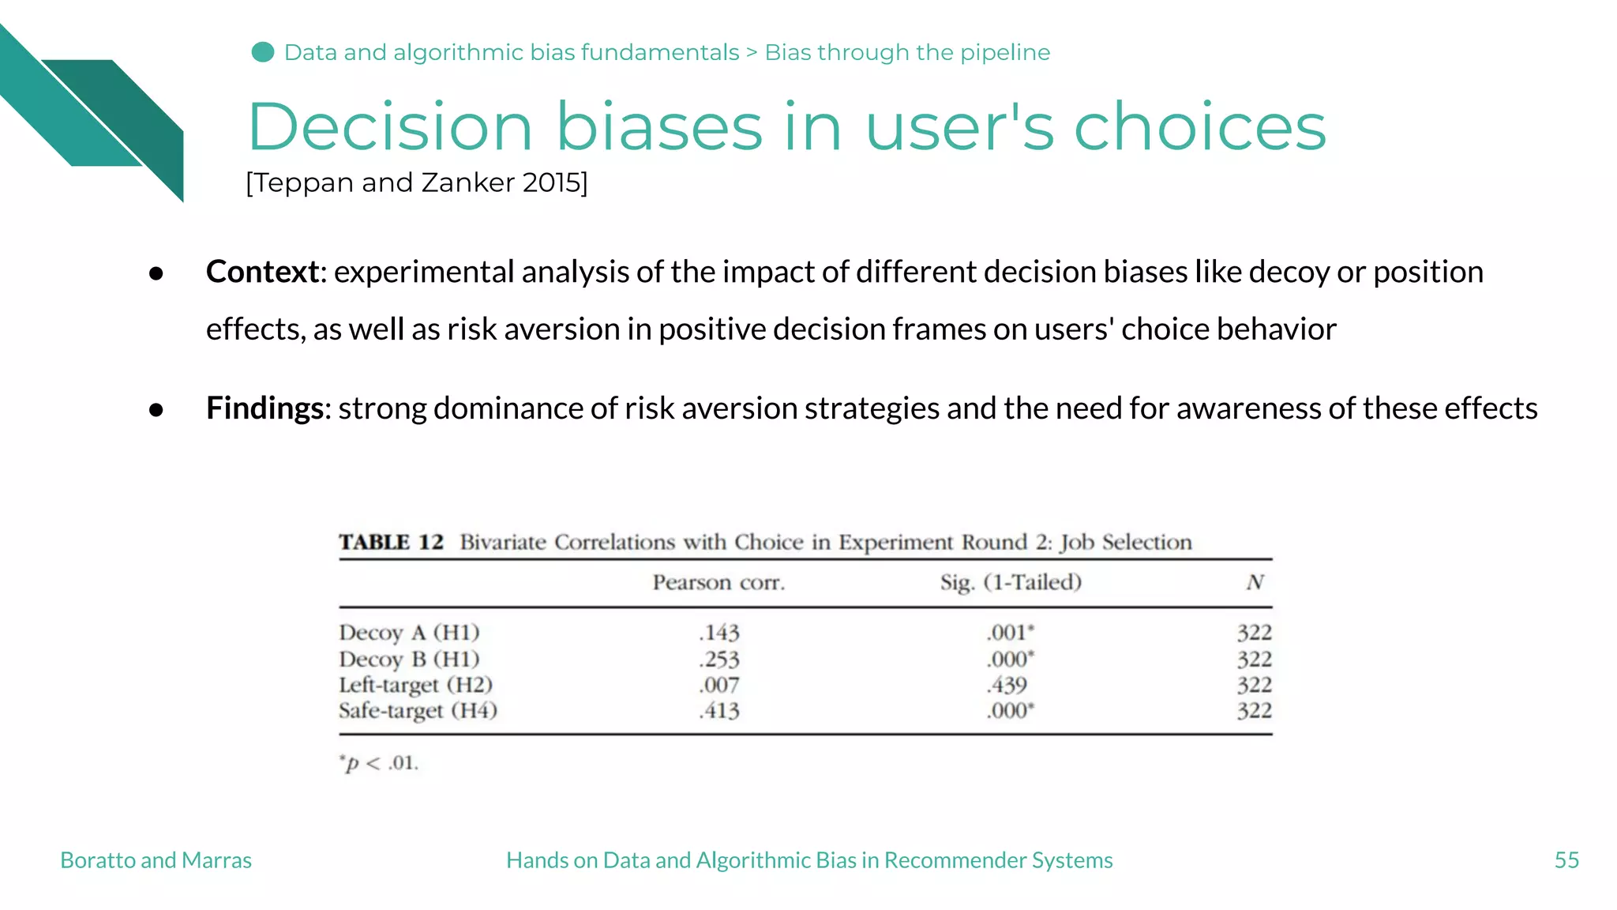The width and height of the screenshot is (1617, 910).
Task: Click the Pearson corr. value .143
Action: [x=718, y=633]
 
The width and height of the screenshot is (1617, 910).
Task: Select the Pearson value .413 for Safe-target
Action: [x=718, y=711]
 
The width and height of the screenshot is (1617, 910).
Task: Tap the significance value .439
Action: [x=1007, y=685]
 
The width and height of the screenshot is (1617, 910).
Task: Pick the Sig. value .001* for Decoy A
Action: [x=1010, y=633]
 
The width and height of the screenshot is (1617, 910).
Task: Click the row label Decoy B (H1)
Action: [x=409, y=659]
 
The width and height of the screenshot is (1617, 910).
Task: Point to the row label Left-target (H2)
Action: [x=415, y=685]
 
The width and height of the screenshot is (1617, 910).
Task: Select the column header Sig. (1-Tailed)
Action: [x=1011, y=583]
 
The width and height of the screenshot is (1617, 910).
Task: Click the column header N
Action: [x=1255, y=583]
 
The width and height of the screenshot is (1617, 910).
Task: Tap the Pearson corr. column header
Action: [x=718, y=583]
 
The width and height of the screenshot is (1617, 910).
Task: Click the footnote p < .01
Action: [x=380, y=763]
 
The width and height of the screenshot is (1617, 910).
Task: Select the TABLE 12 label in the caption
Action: [x=391, y=543]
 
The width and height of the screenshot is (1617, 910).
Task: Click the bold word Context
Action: [x=262, y=272]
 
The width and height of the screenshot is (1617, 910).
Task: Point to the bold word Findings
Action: [x=264, y=408]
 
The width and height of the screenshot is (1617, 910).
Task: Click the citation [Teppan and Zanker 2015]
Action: [x=416, y=182]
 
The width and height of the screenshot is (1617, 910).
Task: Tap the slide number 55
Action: [x=1566, y=860]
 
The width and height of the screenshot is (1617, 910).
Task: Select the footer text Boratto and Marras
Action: [x=156, y=860]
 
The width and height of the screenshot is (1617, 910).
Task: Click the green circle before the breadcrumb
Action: [x=263, y=52]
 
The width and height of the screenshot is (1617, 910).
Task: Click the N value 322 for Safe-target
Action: [x=1254, y=711]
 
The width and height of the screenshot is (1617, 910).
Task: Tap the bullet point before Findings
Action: [x=156, y=409]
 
